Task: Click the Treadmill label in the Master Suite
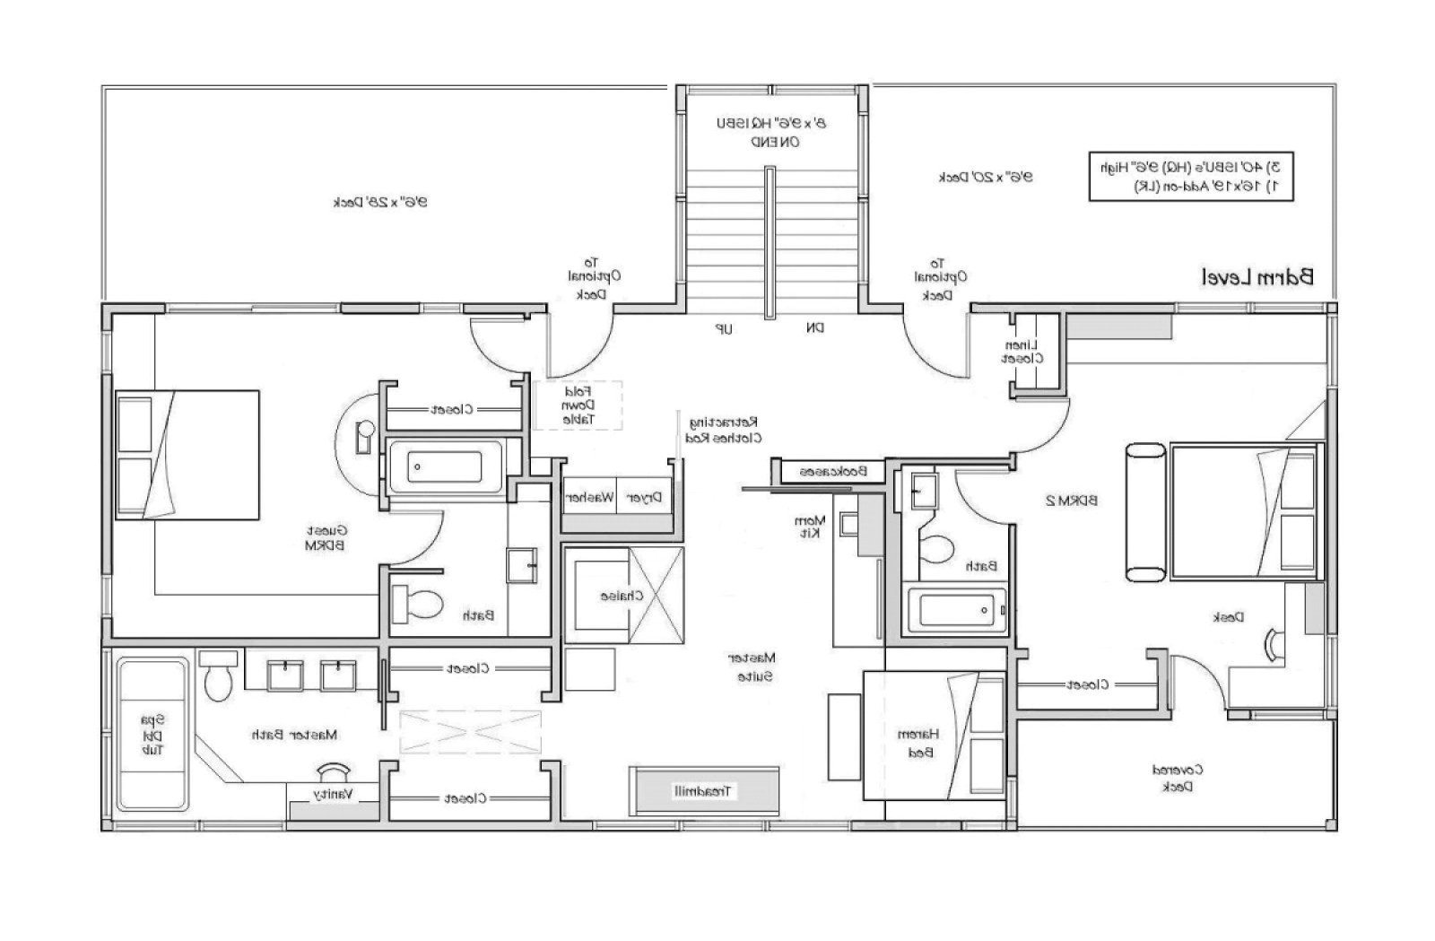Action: (704, 791)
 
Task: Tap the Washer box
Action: (589, 497)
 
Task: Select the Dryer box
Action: (644, 497)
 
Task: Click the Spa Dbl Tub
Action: (153, 734)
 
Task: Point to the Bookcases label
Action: (833, 471)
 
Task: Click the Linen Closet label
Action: (1022, 352)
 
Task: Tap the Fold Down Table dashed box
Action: (578, 405)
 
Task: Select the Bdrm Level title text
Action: (1257, 277)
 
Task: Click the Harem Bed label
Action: (918, 744)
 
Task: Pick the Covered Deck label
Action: (1177, 778)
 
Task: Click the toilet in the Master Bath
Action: (218, 679)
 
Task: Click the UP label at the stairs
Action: (723, 329)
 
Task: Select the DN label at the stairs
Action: (813, 328)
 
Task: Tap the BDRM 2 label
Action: (1072, 501)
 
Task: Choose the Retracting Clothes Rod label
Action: (724, 430)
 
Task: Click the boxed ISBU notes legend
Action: (1191, 176)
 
